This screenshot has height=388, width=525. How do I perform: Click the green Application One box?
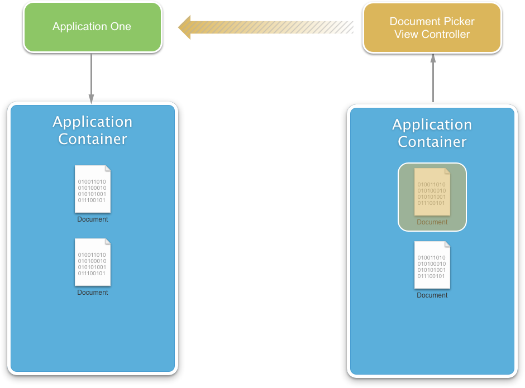(92, 27)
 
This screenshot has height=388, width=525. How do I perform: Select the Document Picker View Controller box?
(432, 28)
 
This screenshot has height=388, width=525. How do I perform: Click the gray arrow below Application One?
(91, 78)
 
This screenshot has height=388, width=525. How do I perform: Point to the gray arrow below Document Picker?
(433, 78)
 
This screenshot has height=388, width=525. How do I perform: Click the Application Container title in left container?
(93, 130)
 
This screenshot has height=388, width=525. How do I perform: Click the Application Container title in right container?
(432, 133)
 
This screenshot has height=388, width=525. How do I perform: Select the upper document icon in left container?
(93, 189)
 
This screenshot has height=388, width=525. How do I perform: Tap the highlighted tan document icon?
(432, 191)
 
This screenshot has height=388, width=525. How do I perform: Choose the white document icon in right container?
(432, 265)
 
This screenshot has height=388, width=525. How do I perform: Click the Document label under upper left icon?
(93, 219)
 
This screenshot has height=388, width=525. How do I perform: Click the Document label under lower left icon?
(93, 293)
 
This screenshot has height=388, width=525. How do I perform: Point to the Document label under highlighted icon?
(432, 222)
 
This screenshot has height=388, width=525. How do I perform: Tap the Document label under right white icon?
(432, 295)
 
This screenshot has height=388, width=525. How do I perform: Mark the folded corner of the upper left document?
(107, 169)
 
